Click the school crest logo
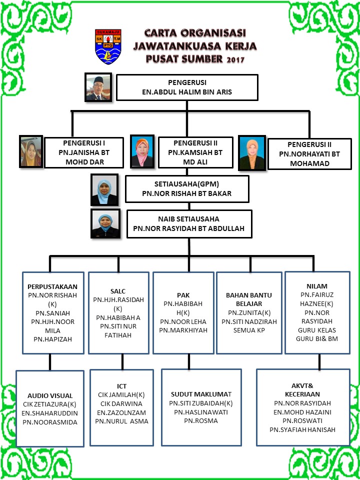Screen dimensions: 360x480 pos(108,46)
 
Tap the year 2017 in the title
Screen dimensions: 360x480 pos(235,59)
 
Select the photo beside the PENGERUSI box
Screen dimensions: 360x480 pos(98,87)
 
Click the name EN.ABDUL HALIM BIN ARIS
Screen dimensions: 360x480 pos(186,92)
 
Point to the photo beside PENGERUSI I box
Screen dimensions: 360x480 pos(31,151)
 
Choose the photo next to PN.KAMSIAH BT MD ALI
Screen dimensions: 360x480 pos(142,151)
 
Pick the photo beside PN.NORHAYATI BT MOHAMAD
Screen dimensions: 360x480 pos(251,153)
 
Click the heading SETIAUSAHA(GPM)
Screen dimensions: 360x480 pos(186,185)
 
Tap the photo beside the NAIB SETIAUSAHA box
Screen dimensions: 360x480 pos(105,223)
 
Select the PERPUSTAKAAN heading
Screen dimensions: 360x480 pos(52,287)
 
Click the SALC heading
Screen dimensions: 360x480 pos(118,291)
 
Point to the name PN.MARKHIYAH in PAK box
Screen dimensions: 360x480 pos(183,330)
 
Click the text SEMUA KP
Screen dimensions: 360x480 pos(249,330)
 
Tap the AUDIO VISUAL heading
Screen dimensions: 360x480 pos(50,395)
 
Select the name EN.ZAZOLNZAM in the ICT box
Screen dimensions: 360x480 pos(121,412)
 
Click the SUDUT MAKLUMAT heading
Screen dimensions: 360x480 pos(201,393)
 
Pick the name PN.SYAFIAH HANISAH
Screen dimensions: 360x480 pos(302,430)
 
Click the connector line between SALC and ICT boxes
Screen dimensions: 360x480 pos(122,361)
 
